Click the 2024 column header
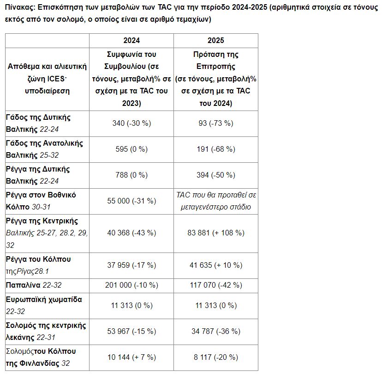(131, 40)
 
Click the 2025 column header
(215, 40)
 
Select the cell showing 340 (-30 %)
(131, 123)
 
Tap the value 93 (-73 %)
(216, 123)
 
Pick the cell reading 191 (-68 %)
(216, 149)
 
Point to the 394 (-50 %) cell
(216, 175)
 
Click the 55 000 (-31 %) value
(131, 201)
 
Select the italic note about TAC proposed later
(216, 201)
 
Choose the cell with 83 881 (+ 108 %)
(216, 233)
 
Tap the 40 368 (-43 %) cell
(131, 233)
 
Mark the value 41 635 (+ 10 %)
(216, 265)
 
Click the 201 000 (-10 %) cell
(131, 285)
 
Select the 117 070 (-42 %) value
(216, 285)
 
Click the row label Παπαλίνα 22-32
(34, 285)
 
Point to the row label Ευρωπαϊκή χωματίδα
(44, 300)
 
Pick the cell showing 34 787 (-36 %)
(216, 331)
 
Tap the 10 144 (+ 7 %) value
(131, 358)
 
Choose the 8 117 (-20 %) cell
(216, 358)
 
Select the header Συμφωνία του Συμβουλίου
(131, 60)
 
